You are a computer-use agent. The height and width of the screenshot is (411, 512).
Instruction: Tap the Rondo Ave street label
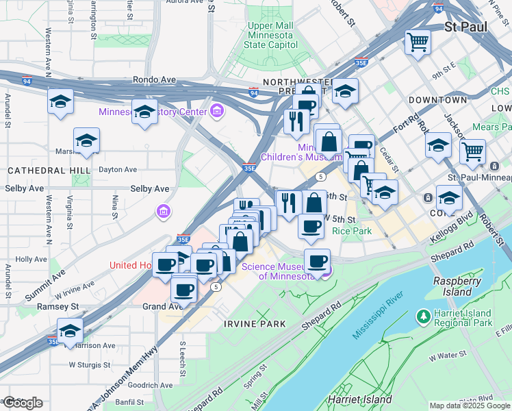(151, 80)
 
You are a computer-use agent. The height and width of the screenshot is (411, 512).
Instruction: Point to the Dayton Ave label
(118, 169)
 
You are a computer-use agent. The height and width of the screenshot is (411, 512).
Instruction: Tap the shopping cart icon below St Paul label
(418, 42)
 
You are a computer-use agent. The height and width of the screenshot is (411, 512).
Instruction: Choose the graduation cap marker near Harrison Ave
(70, 331)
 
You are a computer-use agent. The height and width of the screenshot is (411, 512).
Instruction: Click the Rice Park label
(352, 232)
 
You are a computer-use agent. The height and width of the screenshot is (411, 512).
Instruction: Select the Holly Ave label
(31, 260)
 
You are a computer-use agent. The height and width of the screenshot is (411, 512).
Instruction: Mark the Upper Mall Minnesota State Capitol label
(271, 36)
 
